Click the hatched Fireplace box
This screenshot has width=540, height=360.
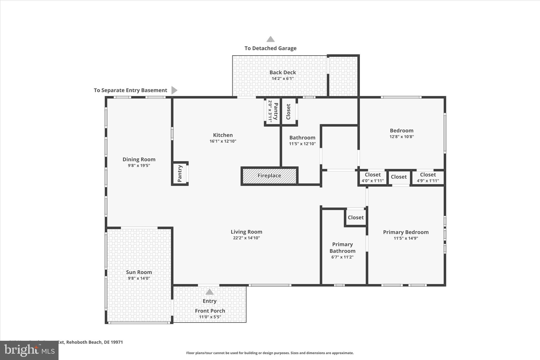tap(269, 176)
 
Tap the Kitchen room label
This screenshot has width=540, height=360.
tap(223, 135)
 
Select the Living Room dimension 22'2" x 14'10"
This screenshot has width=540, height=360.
tap(246, 238)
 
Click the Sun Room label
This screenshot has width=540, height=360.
tap(139, 272)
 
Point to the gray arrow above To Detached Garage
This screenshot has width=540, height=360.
tap(270, 39)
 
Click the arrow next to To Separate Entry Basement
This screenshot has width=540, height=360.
tap(174, 90)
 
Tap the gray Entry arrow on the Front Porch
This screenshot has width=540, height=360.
tap(209, 292)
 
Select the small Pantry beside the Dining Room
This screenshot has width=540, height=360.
tap(180, 174)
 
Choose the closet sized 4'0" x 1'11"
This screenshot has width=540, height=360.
tap(373, 177)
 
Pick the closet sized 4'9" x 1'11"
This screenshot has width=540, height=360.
tap(428, 177)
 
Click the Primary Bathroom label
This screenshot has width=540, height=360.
tap(342, 248)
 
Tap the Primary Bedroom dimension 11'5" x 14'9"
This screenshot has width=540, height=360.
tap(406, 238)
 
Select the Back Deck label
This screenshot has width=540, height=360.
tap(282, 72)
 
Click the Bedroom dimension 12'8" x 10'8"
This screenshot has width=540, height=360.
tap(401, 137)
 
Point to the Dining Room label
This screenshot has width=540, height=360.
tap(139, 159)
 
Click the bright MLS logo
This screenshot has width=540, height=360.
tap(29, 350)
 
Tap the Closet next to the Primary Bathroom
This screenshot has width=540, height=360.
tap(355, 218)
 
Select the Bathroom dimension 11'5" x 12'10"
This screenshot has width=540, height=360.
tap(302, 144)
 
